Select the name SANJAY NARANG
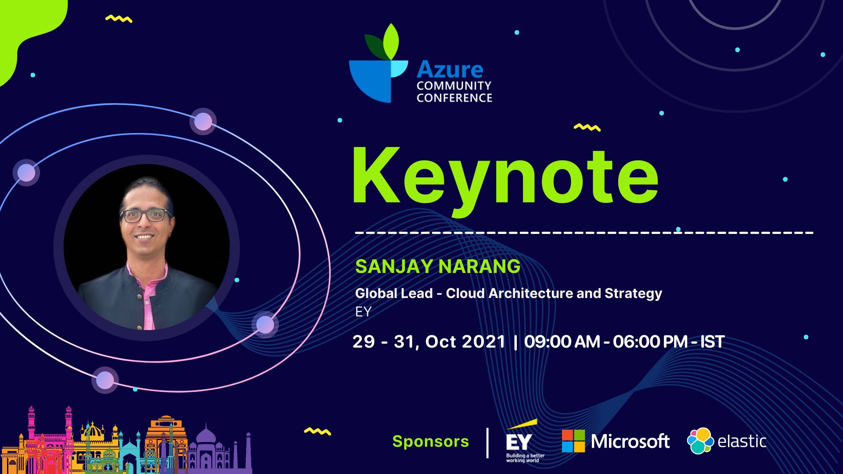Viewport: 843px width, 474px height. click(x=437, y=266)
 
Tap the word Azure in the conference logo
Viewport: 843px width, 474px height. click(x=450, y=70)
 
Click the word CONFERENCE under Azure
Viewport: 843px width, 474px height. click(x=454, y=98)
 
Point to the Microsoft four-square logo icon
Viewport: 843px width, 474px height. click(x=573, y=441)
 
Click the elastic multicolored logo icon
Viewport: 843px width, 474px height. click(x=700, y=441)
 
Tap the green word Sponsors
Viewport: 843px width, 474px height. click(x=430, y=442)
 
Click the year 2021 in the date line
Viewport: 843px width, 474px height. click(x=483, y=342)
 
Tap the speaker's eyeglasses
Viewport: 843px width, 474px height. click(x=146, y=215)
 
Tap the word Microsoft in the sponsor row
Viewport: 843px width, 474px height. click(x=630, y=442)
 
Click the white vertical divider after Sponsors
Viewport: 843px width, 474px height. click(x=487, y=442)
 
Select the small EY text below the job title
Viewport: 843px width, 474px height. click(x=363, y=312)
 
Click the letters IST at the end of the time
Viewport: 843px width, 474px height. click(x=712, y=342)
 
